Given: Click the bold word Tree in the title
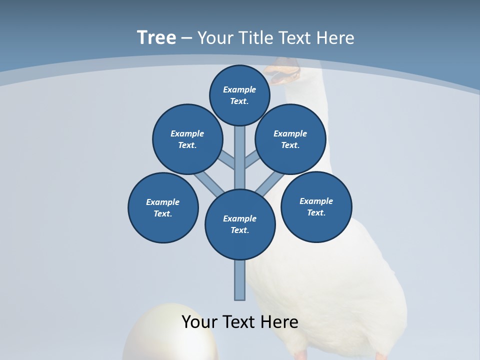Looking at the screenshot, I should [x=156, y=38].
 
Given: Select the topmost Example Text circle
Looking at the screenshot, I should [x=239, y=95].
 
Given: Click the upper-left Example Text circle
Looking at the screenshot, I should [x=187, y=139].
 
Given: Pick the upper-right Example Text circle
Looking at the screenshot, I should [x=290, y=139].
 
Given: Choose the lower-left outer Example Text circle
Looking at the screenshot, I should [x=163, y=207].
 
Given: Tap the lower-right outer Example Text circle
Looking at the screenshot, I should [x=316, y=206].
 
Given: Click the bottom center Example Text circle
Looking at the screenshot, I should [x=240, y=224].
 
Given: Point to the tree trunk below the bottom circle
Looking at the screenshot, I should [x=240, y=280].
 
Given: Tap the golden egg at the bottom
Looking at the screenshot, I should [x=170, y=337].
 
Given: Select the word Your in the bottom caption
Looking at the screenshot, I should [x=199, y=322].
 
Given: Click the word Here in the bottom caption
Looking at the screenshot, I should [x=280, y=322].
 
